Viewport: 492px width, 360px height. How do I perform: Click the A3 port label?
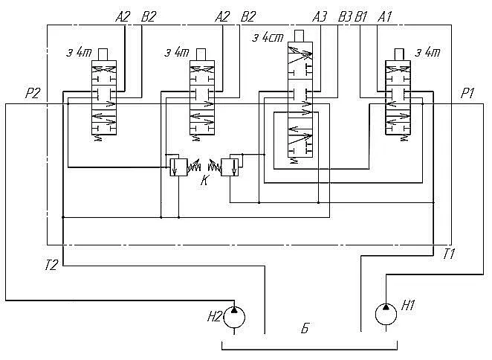pos(320,17)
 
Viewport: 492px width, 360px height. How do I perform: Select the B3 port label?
pos(345,17)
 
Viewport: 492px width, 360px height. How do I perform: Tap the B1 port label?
pos(361,17)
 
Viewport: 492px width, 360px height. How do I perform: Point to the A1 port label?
pos(385,17)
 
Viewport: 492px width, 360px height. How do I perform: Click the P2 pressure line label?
pos(33,93)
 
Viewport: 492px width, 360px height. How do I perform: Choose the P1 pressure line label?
pos(467,93)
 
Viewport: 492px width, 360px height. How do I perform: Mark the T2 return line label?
pos(51,266)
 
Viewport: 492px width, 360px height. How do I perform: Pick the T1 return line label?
pos(449,254)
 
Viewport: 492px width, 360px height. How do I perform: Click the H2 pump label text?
pos(215,317)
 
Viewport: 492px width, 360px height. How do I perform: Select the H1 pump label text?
pos(409,305)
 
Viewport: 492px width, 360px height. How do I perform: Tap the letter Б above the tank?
pos(305,328)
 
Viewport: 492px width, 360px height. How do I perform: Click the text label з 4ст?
pos(268,38)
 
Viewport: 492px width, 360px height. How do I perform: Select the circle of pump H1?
pos(386,314)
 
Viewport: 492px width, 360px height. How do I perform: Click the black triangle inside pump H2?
pos(234,310)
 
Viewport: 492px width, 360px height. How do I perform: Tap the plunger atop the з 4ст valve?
pos(300,36)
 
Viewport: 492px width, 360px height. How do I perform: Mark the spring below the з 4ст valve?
pos(294,161)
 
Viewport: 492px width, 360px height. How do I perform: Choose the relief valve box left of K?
pos(178,167)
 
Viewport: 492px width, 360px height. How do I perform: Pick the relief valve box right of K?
pos(230,167)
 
